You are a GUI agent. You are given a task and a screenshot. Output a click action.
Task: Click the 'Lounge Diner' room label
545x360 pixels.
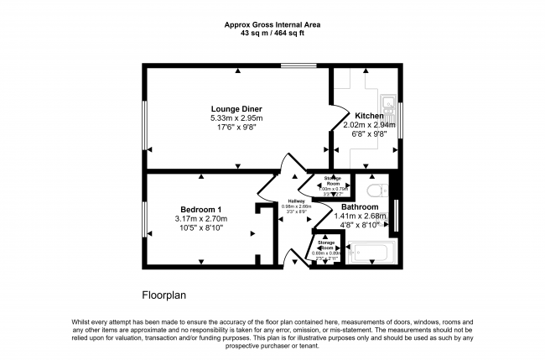click(236, 109)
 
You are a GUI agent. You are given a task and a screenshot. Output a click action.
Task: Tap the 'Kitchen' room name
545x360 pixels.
click(369, 116)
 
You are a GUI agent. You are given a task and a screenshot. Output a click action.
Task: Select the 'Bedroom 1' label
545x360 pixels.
click(201, 209)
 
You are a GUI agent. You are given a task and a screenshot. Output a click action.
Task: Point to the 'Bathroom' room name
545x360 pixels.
click(359, 206)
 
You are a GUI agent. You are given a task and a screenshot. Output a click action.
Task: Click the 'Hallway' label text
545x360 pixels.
click(296, 201)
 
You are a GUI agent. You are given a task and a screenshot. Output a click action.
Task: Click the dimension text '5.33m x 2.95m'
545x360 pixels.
click(236, 118)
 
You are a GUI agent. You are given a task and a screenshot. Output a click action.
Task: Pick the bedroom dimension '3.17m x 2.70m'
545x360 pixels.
click(201, 219)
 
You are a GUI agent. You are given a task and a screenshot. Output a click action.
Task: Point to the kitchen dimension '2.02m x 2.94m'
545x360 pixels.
click(369, 125)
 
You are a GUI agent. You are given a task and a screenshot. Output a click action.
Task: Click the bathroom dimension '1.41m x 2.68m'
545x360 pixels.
click(359, 216)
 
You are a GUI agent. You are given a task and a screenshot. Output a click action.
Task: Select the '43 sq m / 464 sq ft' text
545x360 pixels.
click(272, 34)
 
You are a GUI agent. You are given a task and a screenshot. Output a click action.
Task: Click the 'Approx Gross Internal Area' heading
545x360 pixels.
click(272, 25)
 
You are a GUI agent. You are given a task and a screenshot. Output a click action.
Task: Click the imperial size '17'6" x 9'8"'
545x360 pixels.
click(236, 128)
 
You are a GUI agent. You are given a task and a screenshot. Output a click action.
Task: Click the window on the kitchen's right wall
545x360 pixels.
click(400, 117)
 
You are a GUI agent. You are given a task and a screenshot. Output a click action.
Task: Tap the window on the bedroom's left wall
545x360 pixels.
click(144, 219)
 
